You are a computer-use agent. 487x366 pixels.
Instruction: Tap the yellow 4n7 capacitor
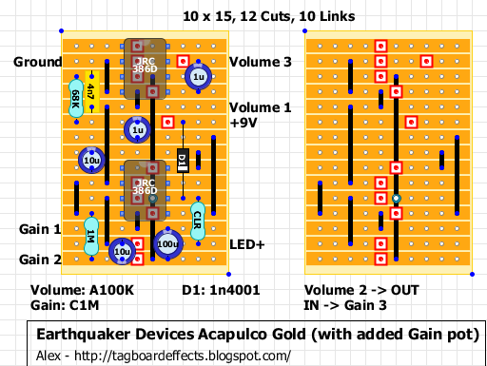[x=90, y=93]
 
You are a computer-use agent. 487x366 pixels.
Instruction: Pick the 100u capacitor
[x=167, y=243]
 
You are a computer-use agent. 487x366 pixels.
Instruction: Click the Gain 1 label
[x=38, y=229]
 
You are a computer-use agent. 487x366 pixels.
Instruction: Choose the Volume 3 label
[x=260, y=62]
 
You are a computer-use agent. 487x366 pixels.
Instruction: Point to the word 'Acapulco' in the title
[x=229, y=335]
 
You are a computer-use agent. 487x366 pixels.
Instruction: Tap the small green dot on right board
[x=396, y=199]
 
